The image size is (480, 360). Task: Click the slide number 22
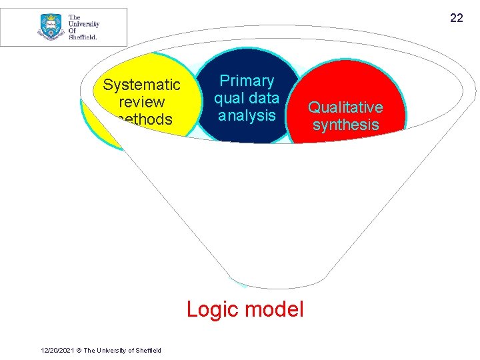pyautogui.click(x=456, y=18)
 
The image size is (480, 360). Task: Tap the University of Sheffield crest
pyautogui.click(x=51, y=27)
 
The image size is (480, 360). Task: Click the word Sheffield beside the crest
pyautogui.click(x=83, y=37)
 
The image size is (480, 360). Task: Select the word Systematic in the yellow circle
pyautogui.click(x=141, y=85)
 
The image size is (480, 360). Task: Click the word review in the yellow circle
pyautogui.click(x=141, y=102)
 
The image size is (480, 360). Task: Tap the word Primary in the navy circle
pyautogui.click(x=247, y=81)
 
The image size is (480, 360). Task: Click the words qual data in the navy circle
pyautogui.click(x=247, y=98)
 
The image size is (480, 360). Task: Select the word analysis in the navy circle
pyautogui.click(x=247, y=115)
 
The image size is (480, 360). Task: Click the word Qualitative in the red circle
pyautogui.click(x=345, y=107)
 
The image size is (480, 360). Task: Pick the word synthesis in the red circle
pyautogui.click(x=345, y=125)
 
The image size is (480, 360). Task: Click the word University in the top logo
pyautogui.click(x=84, y=24)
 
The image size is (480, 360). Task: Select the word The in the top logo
pyautogui.click(x=75, y=17)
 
